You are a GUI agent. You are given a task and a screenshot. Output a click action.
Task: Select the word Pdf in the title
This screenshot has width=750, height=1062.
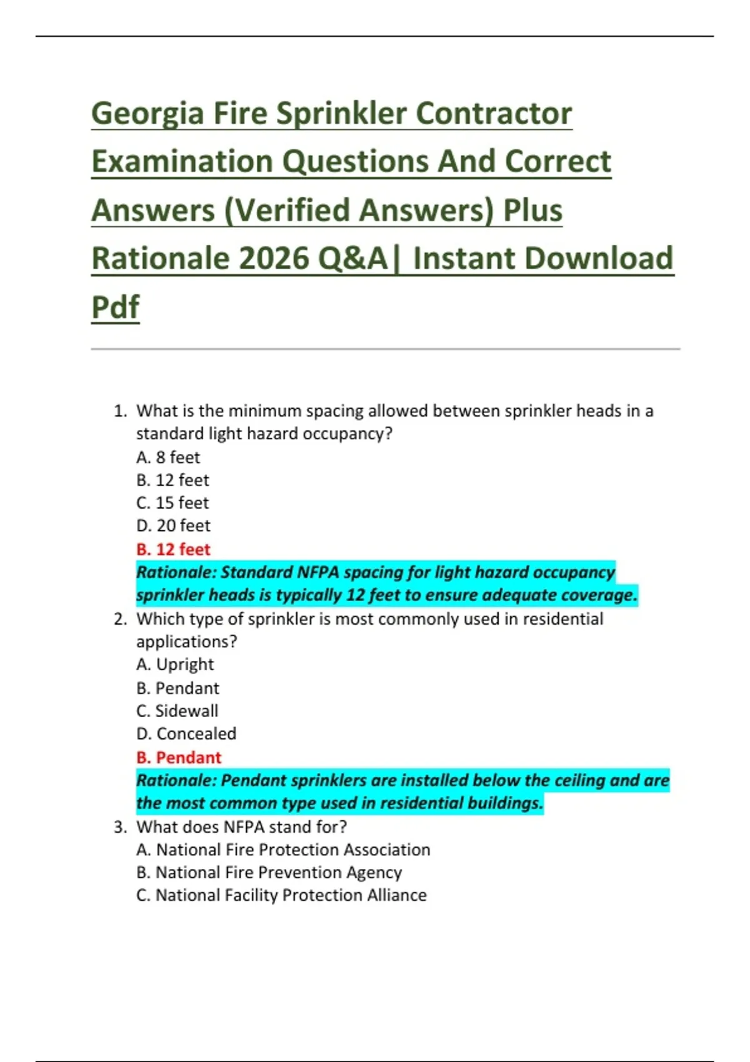click(116, 307)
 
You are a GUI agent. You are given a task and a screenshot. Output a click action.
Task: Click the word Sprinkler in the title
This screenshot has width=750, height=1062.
click(341, 114)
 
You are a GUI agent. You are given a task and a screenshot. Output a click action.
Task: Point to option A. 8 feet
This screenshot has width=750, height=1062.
click(168, 457)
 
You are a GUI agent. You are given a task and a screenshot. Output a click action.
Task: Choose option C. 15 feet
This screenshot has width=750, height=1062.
click(172, 503)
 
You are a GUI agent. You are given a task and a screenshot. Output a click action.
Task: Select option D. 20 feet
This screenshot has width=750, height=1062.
click(173, 525)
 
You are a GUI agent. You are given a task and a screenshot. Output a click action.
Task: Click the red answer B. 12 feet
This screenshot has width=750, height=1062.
click(173, 549)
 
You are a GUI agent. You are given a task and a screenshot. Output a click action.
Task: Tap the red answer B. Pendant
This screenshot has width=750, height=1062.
click(179, 757)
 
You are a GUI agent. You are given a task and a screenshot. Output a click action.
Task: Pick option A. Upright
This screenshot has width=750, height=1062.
click(175, 664)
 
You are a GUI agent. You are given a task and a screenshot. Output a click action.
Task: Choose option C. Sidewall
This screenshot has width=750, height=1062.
click(177, 711)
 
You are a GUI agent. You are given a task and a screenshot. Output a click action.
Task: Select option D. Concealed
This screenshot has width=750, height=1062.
click(186, 733)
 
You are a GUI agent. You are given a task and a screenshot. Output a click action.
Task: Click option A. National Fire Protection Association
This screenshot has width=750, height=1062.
click(283, 850)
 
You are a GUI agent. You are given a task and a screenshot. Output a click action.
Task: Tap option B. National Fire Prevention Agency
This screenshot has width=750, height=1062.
click(269, 872)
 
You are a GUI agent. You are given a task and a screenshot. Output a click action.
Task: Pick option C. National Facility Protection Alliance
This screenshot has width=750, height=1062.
click(281, 895)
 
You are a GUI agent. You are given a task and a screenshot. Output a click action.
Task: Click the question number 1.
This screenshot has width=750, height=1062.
click(119, 411)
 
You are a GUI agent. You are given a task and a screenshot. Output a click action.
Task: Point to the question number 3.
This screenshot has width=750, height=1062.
click(119, 827)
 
